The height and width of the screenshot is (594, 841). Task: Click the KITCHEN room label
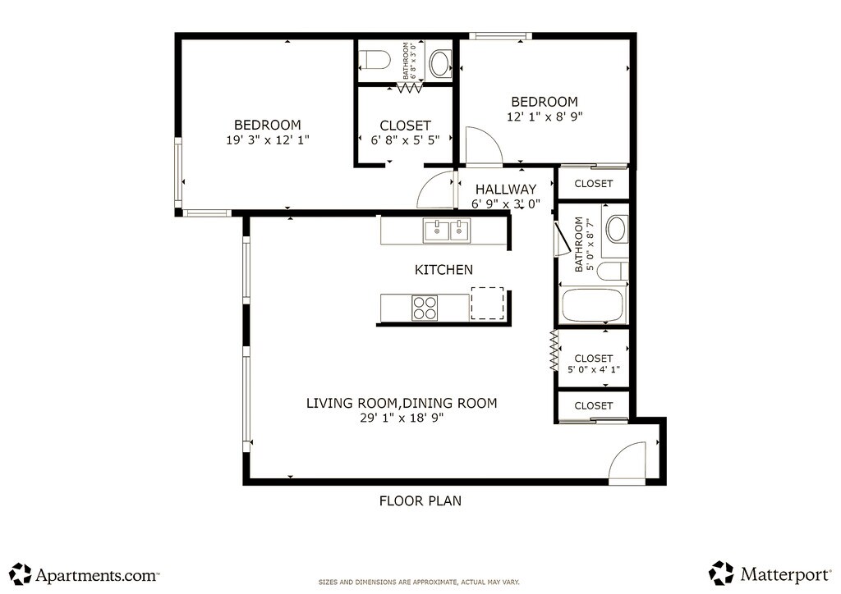(443, 269)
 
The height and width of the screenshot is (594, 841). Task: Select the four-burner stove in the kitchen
(425, 308)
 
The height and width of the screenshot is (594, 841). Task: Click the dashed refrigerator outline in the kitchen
(487, 304)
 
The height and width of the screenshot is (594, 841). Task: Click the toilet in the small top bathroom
(375, 60)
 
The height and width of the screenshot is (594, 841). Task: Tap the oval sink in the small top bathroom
(441, 62)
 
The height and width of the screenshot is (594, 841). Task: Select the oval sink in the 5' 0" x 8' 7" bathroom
(616, 229)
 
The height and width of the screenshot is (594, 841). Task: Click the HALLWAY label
(506, 189)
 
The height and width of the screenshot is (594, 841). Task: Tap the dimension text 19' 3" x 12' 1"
(268, 140)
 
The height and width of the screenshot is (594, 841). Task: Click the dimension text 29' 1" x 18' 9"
(402, 418)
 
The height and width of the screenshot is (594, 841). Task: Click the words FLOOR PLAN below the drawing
(420, 500)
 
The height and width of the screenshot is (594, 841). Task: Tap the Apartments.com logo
(85, 574)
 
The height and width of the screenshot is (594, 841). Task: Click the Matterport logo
(770, 573)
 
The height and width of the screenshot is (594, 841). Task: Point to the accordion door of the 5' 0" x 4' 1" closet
(554, 350)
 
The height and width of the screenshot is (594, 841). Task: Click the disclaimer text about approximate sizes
(419, 583)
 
